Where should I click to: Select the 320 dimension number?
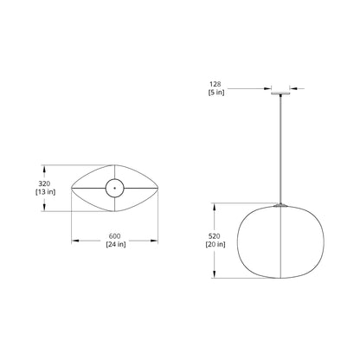46,183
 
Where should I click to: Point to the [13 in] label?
46,193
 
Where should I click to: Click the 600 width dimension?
115,236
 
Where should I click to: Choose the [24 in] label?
115,245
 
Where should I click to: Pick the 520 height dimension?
218,236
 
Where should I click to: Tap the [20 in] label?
218,245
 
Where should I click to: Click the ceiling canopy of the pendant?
281,89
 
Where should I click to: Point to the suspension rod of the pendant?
281,147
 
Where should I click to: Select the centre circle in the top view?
115,188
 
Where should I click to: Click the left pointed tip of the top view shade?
72,188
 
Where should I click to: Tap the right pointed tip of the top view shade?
158,188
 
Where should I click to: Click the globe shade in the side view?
281,241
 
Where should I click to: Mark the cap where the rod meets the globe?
281,204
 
